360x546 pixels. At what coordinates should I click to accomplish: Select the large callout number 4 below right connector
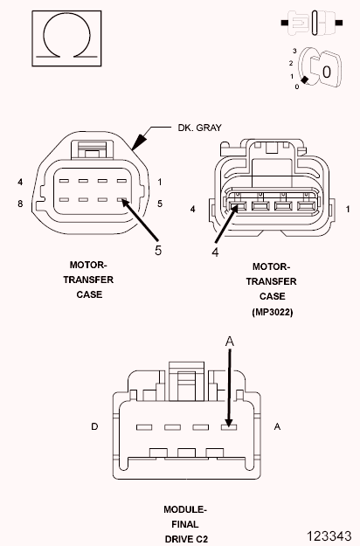[214, 254]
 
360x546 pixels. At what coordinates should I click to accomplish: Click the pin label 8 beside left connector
[18, 204]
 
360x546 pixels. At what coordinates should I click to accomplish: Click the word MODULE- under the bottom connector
[184, 508]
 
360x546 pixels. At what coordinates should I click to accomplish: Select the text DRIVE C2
[184, 539]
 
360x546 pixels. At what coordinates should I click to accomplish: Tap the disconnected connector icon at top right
[311, 20]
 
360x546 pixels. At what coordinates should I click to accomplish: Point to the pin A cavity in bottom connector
[229, 426]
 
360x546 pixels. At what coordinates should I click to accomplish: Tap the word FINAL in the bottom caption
[184, 524]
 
